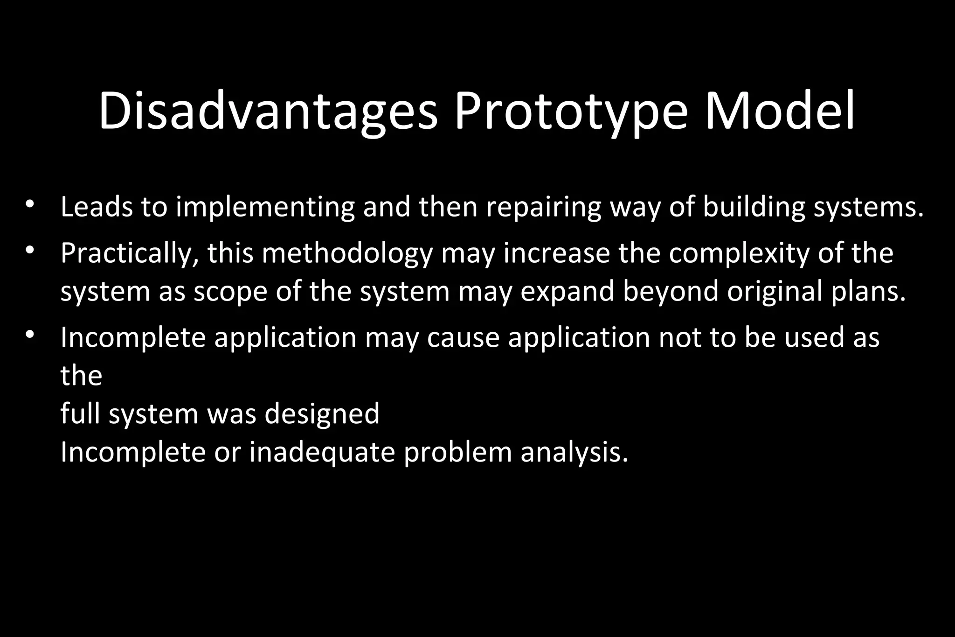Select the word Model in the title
point(780,112)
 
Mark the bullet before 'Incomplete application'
point(30,334)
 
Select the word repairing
point(544,208)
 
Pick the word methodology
point(347,254)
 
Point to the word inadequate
point(322,453)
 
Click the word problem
point(458,453)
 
